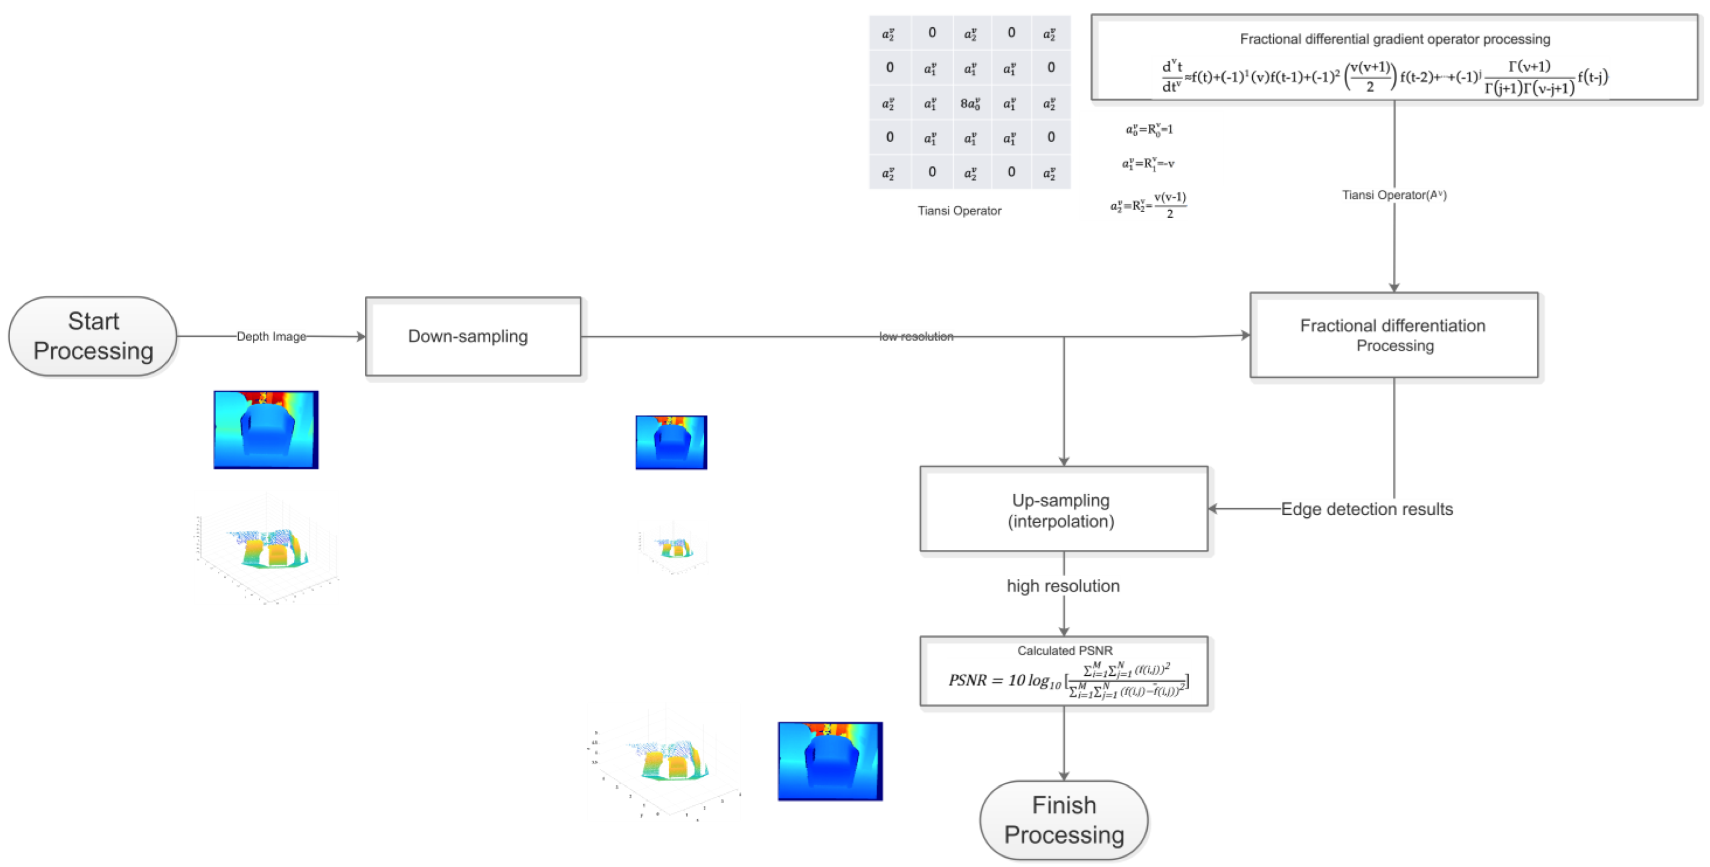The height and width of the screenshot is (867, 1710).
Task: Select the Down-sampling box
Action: point(473,337)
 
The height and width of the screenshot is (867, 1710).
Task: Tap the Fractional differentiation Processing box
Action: point(1393,335)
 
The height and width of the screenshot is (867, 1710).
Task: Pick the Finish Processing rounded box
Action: point(1064,820)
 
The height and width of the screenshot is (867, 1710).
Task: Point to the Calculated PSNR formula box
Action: point(1064,672)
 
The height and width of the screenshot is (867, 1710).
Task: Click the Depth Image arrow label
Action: point(271,337)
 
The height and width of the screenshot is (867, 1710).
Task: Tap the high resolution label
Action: point(1063,585)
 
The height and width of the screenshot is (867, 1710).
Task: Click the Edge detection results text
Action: point(1366,509)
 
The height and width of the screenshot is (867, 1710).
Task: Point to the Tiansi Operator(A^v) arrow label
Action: point(1393,195)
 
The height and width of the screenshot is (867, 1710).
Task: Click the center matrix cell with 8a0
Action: point(970,104)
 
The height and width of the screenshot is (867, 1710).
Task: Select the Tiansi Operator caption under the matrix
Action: point(959,211)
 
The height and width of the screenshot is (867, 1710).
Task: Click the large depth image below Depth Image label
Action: point(266,430)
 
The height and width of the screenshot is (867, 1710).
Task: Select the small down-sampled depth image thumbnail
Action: point(671,442)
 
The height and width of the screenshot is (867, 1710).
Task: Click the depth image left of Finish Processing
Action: point(830,761)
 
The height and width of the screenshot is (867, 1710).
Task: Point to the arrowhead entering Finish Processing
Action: point(1064,776)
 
